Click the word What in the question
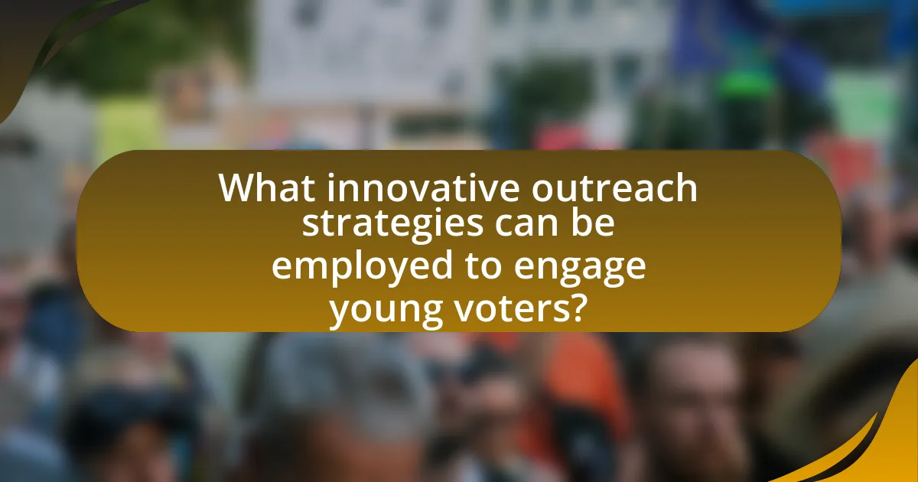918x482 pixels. tap(263, 188)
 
